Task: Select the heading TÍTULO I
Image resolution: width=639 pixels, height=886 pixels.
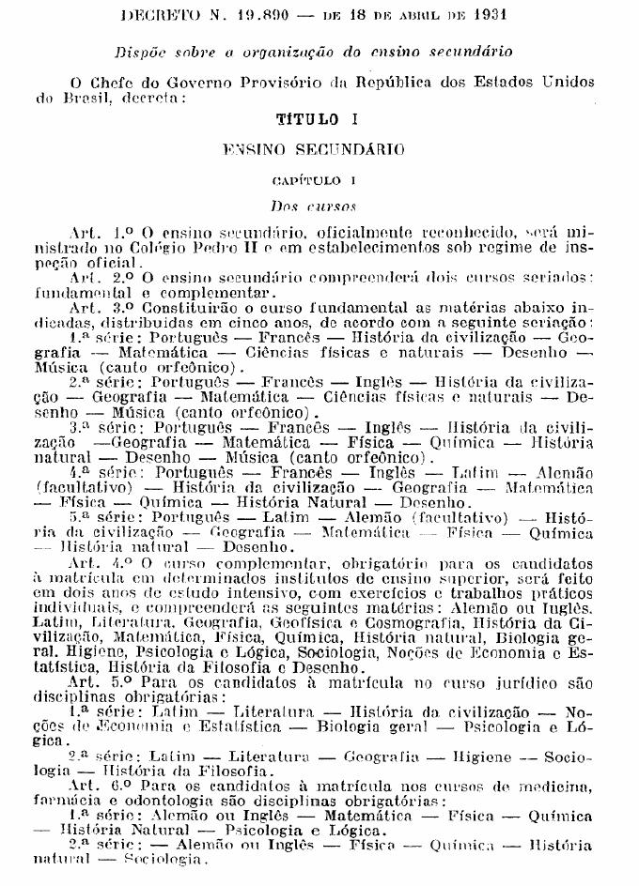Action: pyautogui.click(x=313, y=120)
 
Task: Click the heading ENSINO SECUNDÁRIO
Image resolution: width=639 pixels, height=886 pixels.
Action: pyautogui.click(x=314, y=148)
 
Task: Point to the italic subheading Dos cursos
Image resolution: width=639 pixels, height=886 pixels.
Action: pyautogui.click(x=313, y=203)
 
